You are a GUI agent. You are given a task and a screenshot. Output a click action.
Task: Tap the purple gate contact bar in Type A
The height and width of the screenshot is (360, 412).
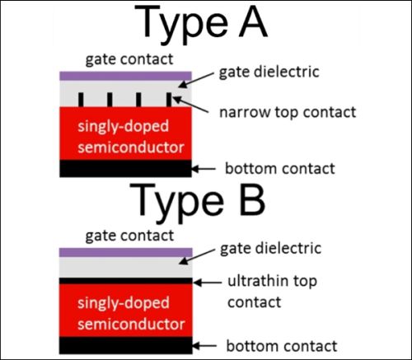[x=125, y=76]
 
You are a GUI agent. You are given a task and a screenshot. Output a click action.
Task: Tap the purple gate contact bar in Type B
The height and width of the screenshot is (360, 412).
[x=126, y=252]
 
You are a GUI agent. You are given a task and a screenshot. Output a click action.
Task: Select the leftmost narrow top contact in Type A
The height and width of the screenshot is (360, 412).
[x=81, y=100]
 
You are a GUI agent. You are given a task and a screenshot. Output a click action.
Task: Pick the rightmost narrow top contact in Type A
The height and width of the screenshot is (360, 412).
[x=169, y=100]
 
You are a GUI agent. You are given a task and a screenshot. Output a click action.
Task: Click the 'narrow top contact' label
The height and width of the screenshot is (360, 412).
[x=288, y=112]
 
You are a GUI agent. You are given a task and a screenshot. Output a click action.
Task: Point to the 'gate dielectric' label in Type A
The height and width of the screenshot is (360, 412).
[x=269, y=72]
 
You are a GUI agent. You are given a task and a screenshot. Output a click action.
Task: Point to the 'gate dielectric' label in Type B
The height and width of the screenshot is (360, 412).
[x=270, y=249]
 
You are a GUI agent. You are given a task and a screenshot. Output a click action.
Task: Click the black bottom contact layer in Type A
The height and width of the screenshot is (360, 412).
[x=125, y=168]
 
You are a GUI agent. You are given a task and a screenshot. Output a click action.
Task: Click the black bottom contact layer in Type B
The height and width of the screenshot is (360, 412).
[x=126, y=345]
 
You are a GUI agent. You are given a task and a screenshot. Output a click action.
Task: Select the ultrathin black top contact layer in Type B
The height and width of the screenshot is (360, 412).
[x=126, y=281]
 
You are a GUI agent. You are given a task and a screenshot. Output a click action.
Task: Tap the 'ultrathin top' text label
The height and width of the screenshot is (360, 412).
[x=272, y=281]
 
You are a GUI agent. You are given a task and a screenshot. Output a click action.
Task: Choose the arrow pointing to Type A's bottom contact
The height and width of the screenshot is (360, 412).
[x=204, y=169]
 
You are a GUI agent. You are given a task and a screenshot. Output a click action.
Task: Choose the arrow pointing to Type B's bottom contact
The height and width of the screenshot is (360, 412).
[x=204, y=346]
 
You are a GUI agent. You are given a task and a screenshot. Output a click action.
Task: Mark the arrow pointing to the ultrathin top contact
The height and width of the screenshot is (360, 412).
[x=208, y=283]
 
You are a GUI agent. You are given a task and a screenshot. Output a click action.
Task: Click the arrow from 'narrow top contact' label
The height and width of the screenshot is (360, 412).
[x=190, y=105]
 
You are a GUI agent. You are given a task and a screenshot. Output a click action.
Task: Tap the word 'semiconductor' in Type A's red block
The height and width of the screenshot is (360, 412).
[x=131, y=147]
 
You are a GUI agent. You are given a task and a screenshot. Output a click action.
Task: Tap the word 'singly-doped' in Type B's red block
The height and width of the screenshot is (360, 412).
[x=124, y=304]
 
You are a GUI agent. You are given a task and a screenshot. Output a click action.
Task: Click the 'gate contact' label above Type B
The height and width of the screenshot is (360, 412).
[x=129, y=236]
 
